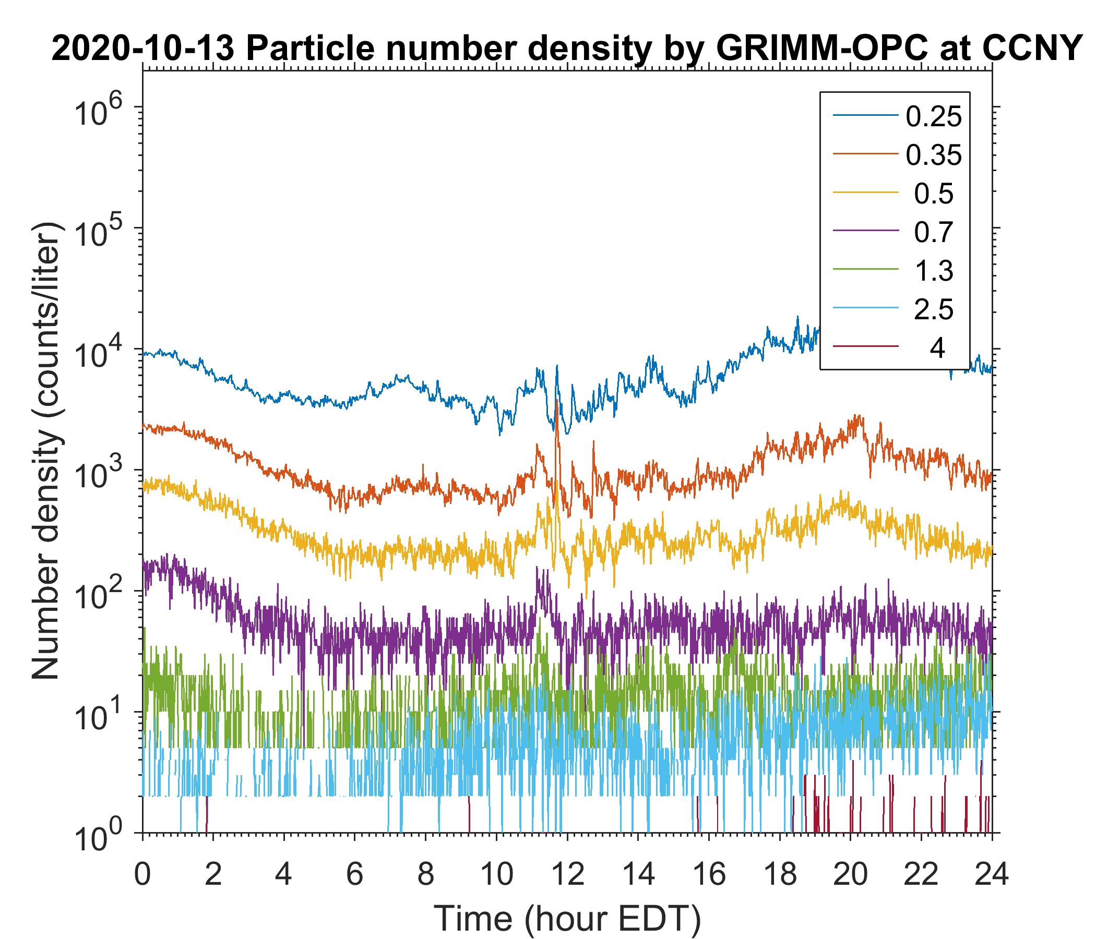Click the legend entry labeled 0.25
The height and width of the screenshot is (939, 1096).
click(x=934, y=117)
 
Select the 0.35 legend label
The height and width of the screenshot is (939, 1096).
click(x=934, y=155)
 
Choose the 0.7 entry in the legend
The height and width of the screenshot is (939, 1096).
click(x=934, y=233)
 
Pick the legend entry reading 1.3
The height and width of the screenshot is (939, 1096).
click(x=934, y=271)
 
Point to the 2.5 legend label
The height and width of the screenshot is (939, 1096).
click(x=934, y=310)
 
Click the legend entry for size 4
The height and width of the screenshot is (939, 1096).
click(x=937, y=348)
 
